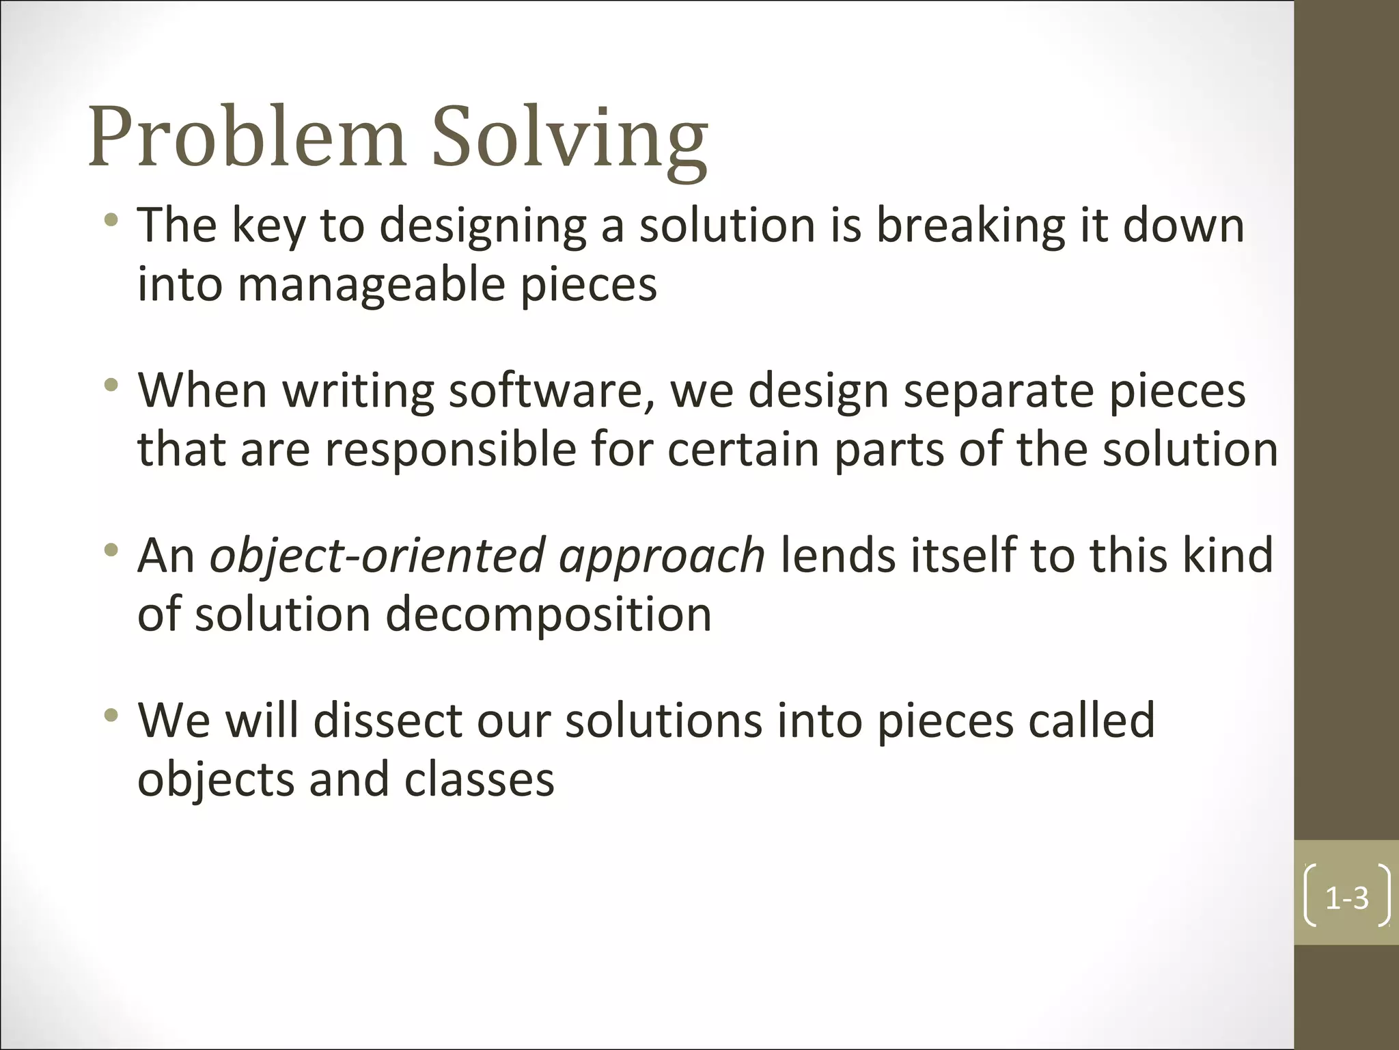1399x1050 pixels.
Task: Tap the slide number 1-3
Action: (x=1346, y=898)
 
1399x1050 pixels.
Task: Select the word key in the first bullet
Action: (x=268, y=226)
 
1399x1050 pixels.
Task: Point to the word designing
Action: (x=482, y=227)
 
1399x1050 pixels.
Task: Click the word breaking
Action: (x=970, y=226)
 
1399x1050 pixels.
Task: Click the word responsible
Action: (x=450, y=450)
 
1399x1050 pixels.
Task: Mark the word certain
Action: (x=743, y=450)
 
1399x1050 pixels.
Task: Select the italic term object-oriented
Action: (x=376, y=555)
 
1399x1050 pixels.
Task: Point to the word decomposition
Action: (x=549, y=614)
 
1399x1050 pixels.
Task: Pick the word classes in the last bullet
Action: (x=479, y=779)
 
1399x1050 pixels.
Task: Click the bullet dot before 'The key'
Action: (x=111, y=220)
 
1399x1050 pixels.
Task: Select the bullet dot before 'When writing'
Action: (x=111, y=386)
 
